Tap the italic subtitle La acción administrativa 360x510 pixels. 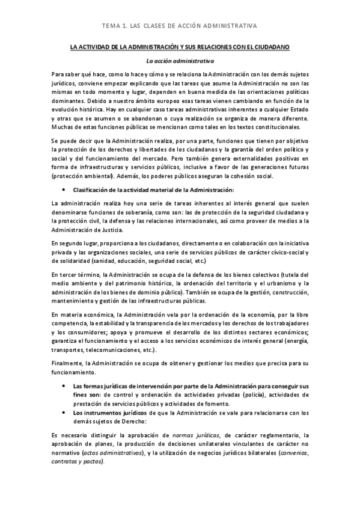[x=180, y=60]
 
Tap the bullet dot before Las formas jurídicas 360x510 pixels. [x=64, y=386]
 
